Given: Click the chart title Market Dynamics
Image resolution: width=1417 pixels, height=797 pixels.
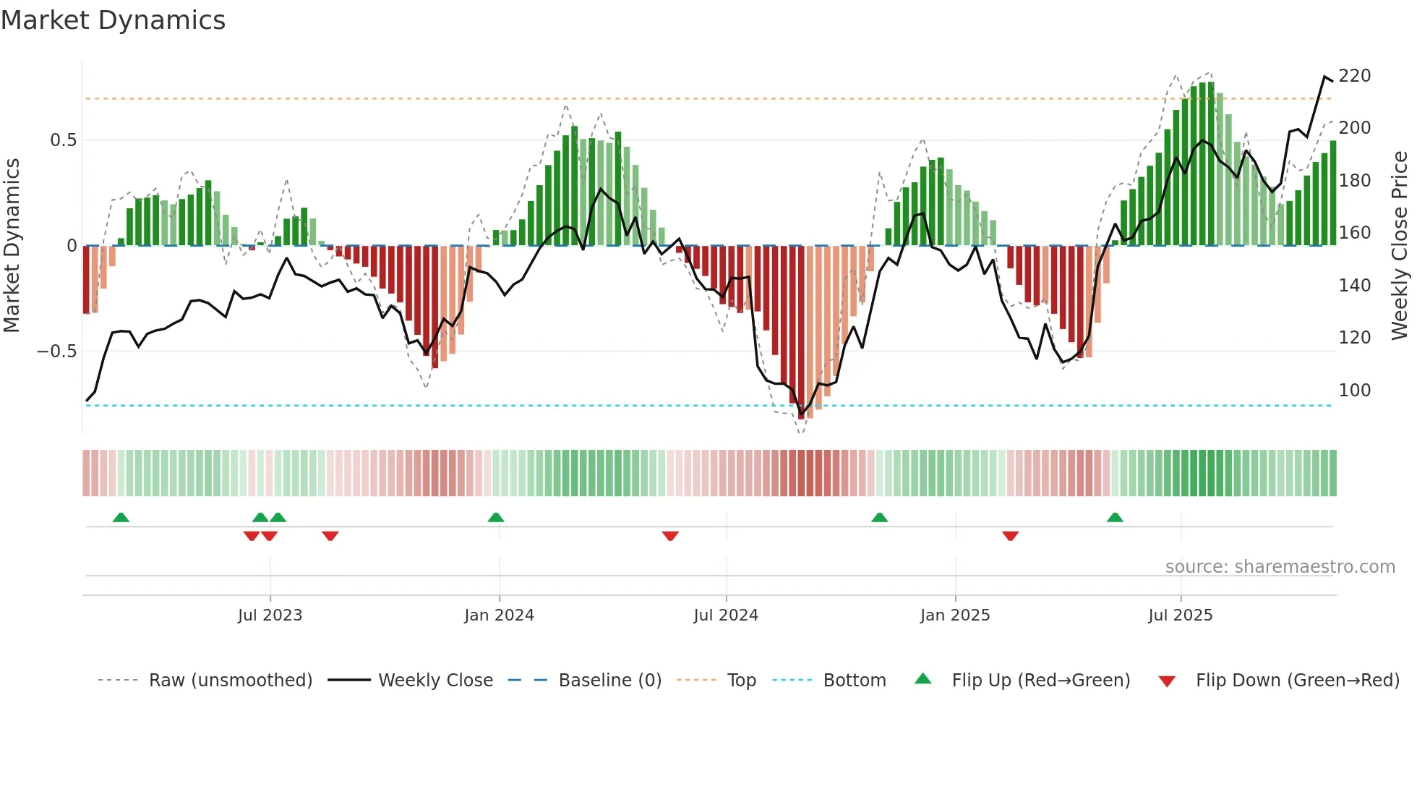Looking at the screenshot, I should (113, 20).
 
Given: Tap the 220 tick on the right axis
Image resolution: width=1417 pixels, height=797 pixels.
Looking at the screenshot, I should (1354, 76).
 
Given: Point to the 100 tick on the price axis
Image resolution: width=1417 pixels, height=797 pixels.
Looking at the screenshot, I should (1354, 391).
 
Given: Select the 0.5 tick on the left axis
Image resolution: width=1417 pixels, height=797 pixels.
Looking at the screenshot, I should (63, 140).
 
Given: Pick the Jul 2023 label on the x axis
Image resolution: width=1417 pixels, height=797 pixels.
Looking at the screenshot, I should (270, 615).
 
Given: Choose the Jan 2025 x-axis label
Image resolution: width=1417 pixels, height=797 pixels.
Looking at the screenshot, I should (954, 615).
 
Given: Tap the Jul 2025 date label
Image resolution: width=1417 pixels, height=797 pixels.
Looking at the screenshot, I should (1180, 615).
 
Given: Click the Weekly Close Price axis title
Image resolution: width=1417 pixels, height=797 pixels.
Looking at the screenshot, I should (1400, 246).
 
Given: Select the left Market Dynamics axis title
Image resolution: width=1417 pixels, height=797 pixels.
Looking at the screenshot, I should (12, 246).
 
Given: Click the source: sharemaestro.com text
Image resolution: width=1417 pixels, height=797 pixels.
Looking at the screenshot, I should (1280, 567).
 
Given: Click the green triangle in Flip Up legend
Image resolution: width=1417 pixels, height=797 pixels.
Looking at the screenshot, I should (922, 679).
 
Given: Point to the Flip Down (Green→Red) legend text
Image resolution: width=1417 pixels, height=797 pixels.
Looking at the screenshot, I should (1297, 681).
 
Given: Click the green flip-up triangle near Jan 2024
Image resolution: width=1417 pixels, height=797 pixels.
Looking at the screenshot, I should (495, 518).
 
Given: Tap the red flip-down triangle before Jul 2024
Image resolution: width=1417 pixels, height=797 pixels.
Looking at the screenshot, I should (670, 536).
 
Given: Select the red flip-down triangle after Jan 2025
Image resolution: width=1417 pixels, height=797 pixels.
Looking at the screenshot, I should (1010, 536).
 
